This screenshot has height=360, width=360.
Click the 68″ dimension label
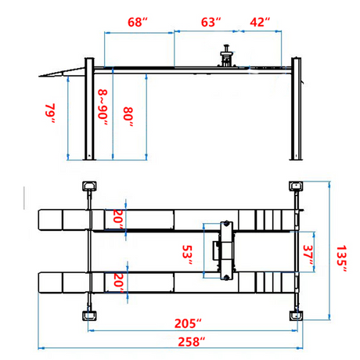tap(138, 22)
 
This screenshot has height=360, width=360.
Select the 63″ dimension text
tap(211, 22)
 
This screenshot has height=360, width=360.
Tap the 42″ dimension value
tap(260, 22)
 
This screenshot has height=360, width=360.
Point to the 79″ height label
tap(50, 113)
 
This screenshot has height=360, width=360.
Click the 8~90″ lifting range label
tap(103, 107)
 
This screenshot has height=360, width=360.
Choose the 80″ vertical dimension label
tap(128, 117)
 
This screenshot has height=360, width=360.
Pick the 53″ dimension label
tap(187, 254)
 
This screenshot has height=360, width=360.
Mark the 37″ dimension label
tap(308, 254)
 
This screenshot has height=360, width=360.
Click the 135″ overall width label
tap(341, 258)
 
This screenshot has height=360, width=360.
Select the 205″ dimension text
tap(188, 323)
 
